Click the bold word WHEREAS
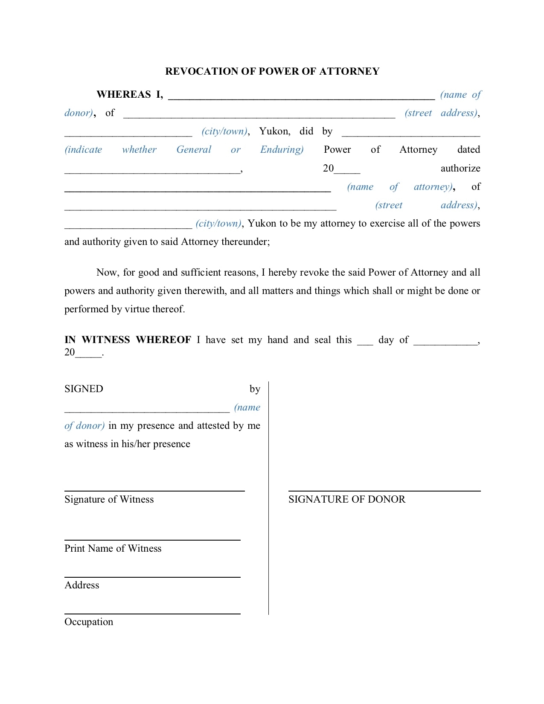pyautogui.click(x=124, y=94)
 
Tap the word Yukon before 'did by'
pyautogui.click(x=274, y=131)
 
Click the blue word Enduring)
pyautogui.click(x=282, y=149)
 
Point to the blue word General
pyautogui.click(x=194, y=149)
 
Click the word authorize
pyautogui.click(x=460, y=168)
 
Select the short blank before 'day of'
pyautogui.click(x=365, y=343)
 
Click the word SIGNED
pyautogui.click(x=84, y=389)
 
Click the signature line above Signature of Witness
pyautogui.click(x=154, y=491)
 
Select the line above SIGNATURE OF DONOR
pyautogui.click(x=384, y=491)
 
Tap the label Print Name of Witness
pyautogui.click(x=113, y=548)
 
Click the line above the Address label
pyautogui.click(x=152, y=577)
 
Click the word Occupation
pyautogui.click(x=89, y=622)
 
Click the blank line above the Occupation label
pyautogui.click(x=152, y=614)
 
